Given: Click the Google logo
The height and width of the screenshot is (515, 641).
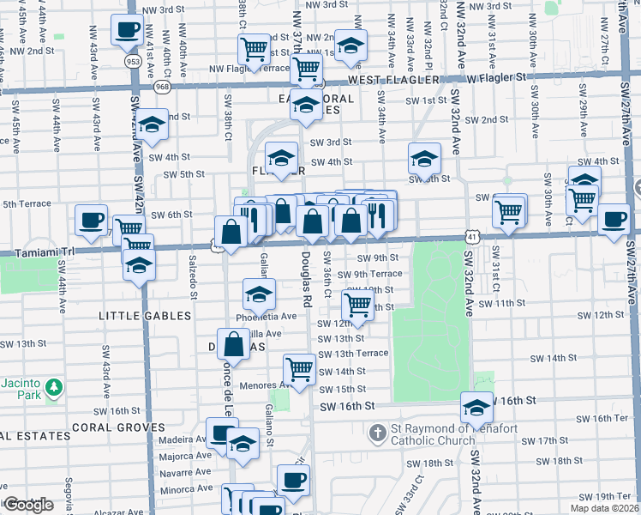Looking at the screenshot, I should coord(28,505).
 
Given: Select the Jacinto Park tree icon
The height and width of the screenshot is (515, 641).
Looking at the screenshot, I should coord(54,388).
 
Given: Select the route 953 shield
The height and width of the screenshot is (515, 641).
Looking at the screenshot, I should coord(132,62).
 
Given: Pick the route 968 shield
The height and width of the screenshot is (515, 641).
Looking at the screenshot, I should coord(161,86).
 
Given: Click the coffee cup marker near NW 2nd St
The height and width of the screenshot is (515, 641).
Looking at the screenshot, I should coord(127,30).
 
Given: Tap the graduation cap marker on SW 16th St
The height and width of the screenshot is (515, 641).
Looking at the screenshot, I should coord(476,406).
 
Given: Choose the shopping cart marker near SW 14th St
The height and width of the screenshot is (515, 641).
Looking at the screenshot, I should coord(300,370).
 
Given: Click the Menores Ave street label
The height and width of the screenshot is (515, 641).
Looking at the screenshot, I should coord(261,385).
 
